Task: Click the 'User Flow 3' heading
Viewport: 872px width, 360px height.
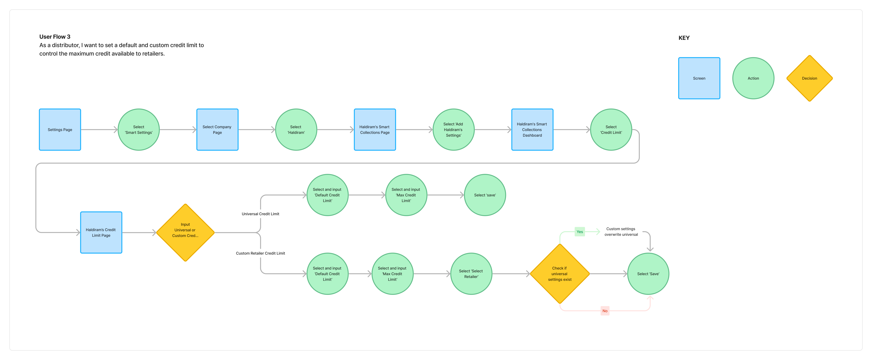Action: (x=55, y=37)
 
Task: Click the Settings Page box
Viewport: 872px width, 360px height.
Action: (x=60, y=130)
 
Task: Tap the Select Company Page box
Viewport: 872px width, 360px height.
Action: (x=217, y=130)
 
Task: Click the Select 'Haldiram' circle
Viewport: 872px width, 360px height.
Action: (x=296, y=130)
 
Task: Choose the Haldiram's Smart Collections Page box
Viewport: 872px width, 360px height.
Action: (x=375, y=130)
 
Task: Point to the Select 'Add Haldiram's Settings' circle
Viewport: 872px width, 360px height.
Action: (x=453, y=130)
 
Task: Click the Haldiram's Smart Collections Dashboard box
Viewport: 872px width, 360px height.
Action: (x=532, y=130)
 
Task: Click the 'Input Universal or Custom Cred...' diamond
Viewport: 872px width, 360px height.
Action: (x=185, y=233)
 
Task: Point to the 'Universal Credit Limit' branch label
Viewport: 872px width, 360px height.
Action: (x=260, y=214)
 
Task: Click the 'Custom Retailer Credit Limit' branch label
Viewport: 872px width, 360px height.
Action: (x=260, y=253)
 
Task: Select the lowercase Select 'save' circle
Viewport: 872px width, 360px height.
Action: (x=485, y=195)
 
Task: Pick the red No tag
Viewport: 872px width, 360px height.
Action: (x=605, y=311)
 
